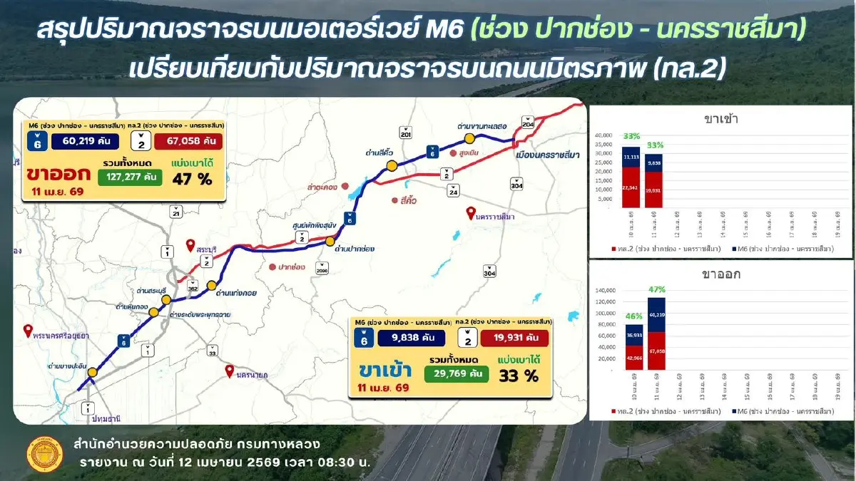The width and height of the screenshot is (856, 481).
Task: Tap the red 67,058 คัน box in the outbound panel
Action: click(188, 140)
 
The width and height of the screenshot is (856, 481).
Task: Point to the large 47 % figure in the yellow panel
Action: click(192, 179)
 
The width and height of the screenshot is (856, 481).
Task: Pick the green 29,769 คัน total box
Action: click(456, 373)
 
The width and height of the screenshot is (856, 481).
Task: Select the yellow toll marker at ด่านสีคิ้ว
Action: click(392, 166)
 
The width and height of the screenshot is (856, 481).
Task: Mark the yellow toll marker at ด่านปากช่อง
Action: click(330, 242)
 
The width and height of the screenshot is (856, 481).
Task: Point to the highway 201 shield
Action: click(406, 133)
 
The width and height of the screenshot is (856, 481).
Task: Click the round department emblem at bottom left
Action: click(40, 454)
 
